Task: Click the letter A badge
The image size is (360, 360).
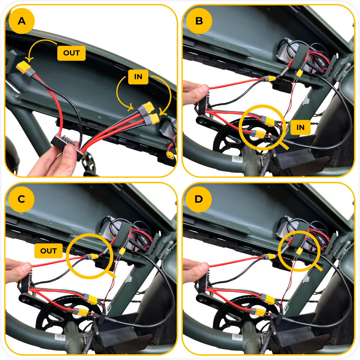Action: click(x=22, y=21)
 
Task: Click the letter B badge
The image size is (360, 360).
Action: click(x=199, y=21)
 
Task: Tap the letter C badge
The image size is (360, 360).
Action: click(x=21, y=199)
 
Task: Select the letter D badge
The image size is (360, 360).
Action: click(x=199, y=199)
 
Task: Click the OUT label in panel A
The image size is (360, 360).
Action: click(x=71, y=53)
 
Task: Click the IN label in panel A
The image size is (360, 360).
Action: click(x=138, y=77)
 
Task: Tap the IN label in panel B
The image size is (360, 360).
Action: click(x=301, y=127)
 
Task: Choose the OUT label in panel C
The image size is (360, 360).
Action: click(x=49, y=251)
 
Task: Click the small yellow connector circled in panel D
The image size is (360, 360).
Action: click(x=299, y=251)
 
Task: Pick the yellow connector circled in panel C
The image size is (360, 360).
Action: click(x=93, y=257)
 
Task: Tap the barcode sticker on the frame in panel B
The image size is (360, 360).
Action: click(x=237, y=159)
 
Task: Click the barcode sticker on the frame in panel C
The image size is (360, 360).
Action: click(x=59, y=337)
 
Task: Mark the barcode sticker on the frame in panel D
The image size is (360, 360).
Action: click(x=237, y=337)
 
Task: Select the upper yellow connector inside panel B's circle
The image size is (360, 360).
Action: click(x=269, y=121)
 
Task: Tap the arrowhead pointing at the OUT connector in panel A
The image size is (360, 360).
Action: click(x=29, y=59)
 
